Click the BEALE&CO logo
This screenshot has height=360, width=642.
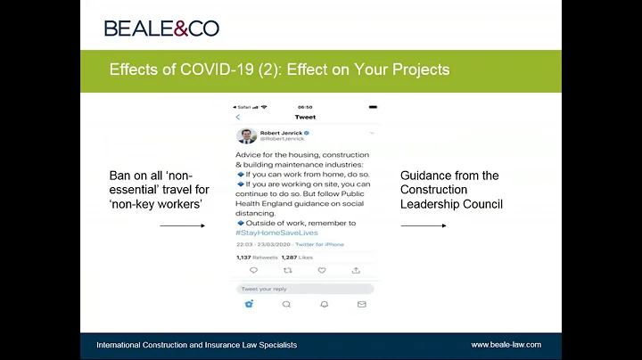[x=161, y=28]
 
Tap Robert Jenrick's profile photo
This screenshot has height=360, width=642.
[x=247, y=135]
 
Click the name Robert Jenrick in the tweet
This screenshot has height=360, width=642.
[x=281, y=132]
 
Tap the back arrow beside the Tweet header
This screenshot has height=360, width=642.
[x=238, y=118]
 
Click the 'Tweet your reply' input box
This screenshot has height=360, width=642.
[x=304, y=289]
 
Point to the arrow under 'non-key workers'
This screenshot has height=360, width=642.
[x=182, y=225]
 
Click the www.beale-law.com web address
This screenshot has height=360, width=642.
[x=506, y=345]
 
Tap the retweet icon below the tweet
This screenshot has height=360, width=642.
[x=287, y=270]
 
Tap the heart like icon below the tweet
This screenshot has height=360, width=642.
[x=322, y=270]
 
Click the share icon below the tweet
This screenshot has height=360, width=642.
[x=356, y=270]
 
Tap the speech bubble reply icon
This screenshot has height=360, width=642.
[x=253, y=270]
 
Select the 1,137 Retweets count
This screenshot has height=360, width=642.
[x=257, y=257]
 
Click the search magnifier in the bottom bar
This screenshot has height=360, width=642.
[x=286, y=304]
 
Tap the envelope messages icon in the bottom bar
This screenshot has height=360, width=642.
[x=361, y=304]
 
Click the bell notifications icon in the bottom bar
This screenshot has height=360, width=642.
[x=324, y=304]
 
